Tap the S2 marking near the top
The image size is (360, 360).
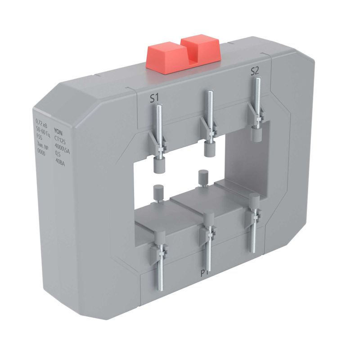[255, 71]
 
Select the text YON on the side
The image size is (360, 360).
[58, 131]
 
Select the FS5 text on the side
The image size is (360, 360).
[40, 135]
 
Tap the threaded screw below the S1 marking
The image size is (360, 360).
[159, 126]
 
